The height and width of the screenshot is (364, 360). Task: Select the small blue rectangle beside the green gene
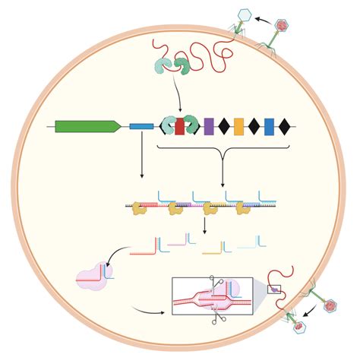[141, 126]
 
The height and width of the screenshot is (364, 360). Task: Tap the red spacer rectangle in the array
[180, 126]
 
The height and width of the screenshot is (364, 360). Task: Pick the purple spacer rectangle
[209, 126]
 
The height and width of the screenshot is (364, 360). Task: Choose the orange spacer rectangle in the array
[238, 126]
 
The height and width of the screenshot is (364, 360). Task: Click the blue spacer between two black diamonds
[269, 126]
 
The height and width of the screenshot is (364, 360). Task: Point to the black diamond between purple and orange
[224, 126]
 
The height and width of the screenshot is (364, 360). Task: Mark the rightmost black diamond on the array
[284, 126]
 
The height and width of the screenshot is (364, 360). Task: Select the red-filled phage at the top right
[282, 25]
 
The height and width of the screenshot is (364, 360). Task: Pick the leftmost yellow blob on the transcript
[137, 207]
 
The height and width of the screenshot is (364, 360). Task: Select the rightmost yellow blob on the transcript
[242, 207]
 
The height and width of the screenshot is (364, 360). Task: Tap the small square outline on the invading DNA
[274, 289]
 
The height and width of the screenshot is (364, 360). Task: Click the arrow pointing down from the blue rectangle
[142, 156]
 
